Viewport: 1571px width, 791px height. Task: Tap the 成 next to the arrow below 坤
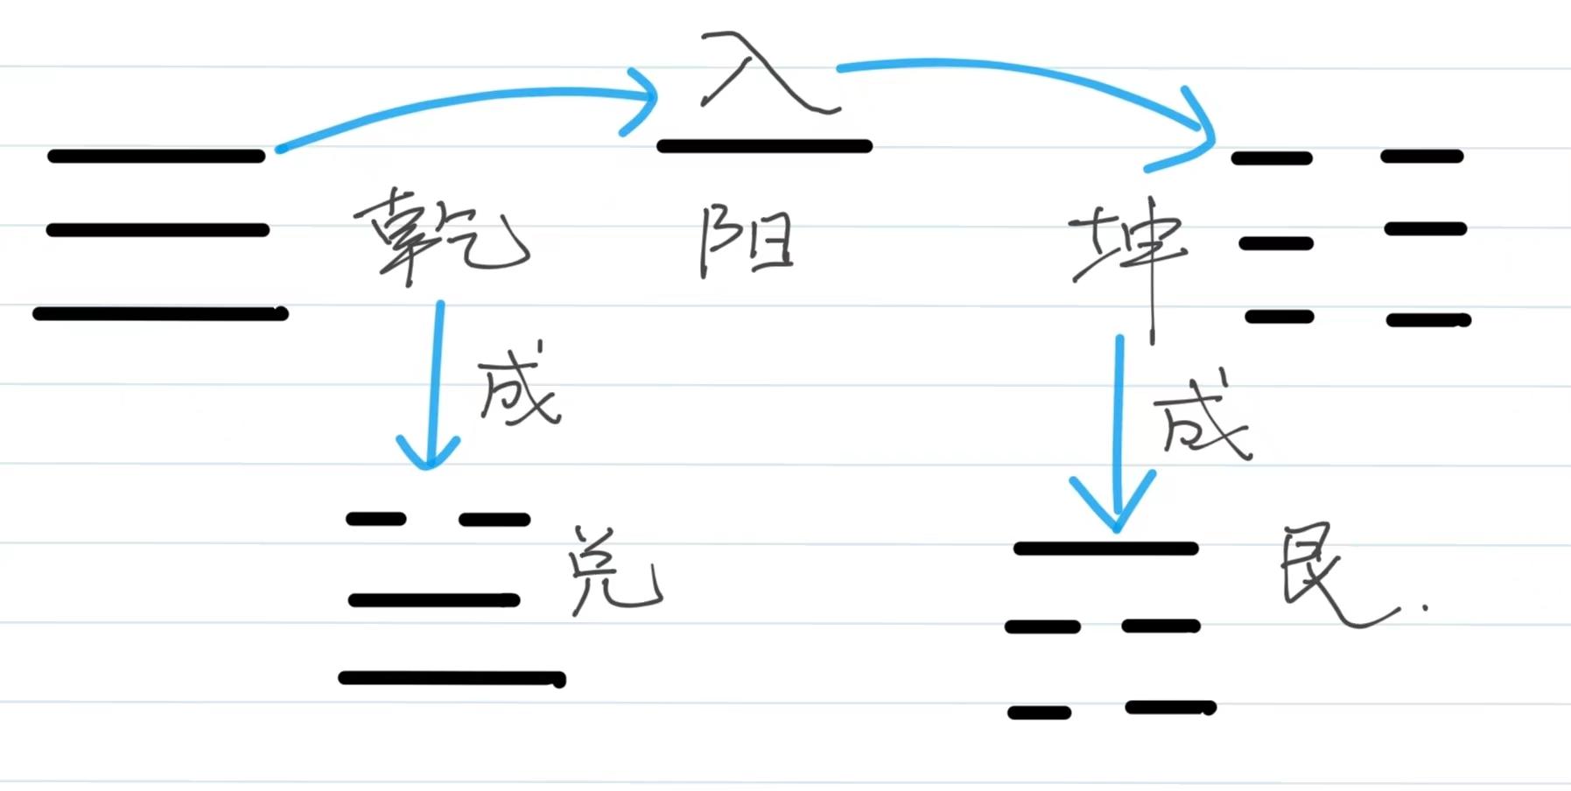1203,418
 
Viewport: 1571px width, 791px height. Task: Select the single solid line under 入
764,146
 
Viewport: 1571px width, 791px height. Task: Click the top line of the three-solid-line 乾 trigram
156,157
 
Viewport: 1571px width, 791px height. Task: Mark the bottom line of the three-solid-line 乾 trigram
160,313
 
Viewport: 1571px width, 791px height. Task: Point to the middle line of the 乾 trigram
158,230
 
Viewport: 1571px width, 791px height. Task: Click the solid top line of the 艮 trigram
1105,549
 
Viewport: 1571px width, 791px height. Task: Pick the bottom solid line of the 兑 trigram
452,678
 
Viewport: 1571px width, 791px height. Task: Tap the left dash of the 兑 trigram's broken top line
376,519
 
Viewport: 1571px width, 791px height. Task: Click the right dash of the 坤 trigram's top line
1422,157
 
